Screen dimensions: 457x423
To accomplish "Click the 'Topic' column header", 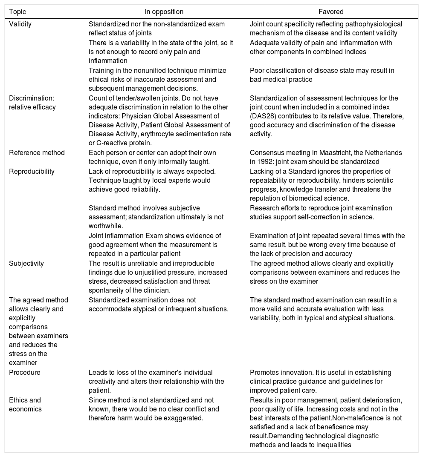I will (x=17, y=12).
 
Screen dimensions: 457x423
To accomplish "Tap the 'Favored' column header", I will (x=327, y=12).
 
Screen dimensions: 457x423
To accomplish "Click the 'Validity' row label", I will (x=20, y=24).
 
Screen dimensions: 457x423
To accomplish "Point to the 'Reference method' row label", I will (x=37, y=152).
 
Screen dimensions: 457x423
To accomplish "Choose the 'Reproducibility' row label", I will (x=32, y=171).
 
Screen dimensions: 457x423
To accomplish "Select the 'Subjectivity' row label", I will (x=26, y=263).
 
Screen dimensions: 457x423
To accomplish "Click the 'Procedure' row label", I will (x=25, y=372).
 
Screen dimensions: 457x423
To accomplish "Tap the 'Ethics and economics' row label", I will (x=25, y=404).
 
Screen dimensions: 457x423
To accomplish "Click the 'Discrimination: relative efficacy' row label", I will (x=32, y=103).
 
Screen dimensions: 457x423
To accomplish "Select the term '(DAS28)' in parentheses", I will (x=262, y=116).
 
